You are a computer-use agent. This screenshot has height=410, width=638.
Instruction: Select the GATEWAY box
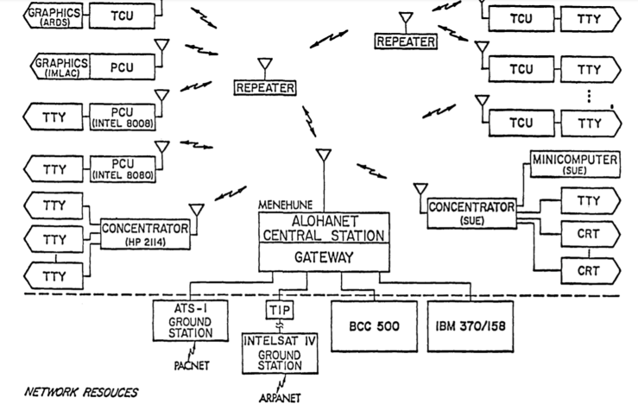(322, 256)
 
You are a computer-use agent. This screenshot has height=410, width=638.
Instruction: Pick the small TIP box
(275, 309)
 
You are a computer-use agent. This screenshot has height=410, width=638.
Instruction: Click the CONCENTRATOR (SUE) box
(471, 212)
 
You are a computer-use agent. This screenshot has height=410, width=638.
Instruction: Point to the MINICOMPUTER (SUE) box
(575, 166)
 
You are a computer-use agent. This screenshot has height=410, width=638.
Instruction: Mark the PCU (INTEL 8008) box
(123, 119)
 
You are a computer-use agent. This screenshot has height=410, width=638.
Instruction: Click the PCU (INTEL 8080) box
(123, 168)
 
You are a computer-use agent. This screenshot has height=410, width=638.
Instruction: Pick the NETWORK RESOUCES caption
(81, 392)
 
